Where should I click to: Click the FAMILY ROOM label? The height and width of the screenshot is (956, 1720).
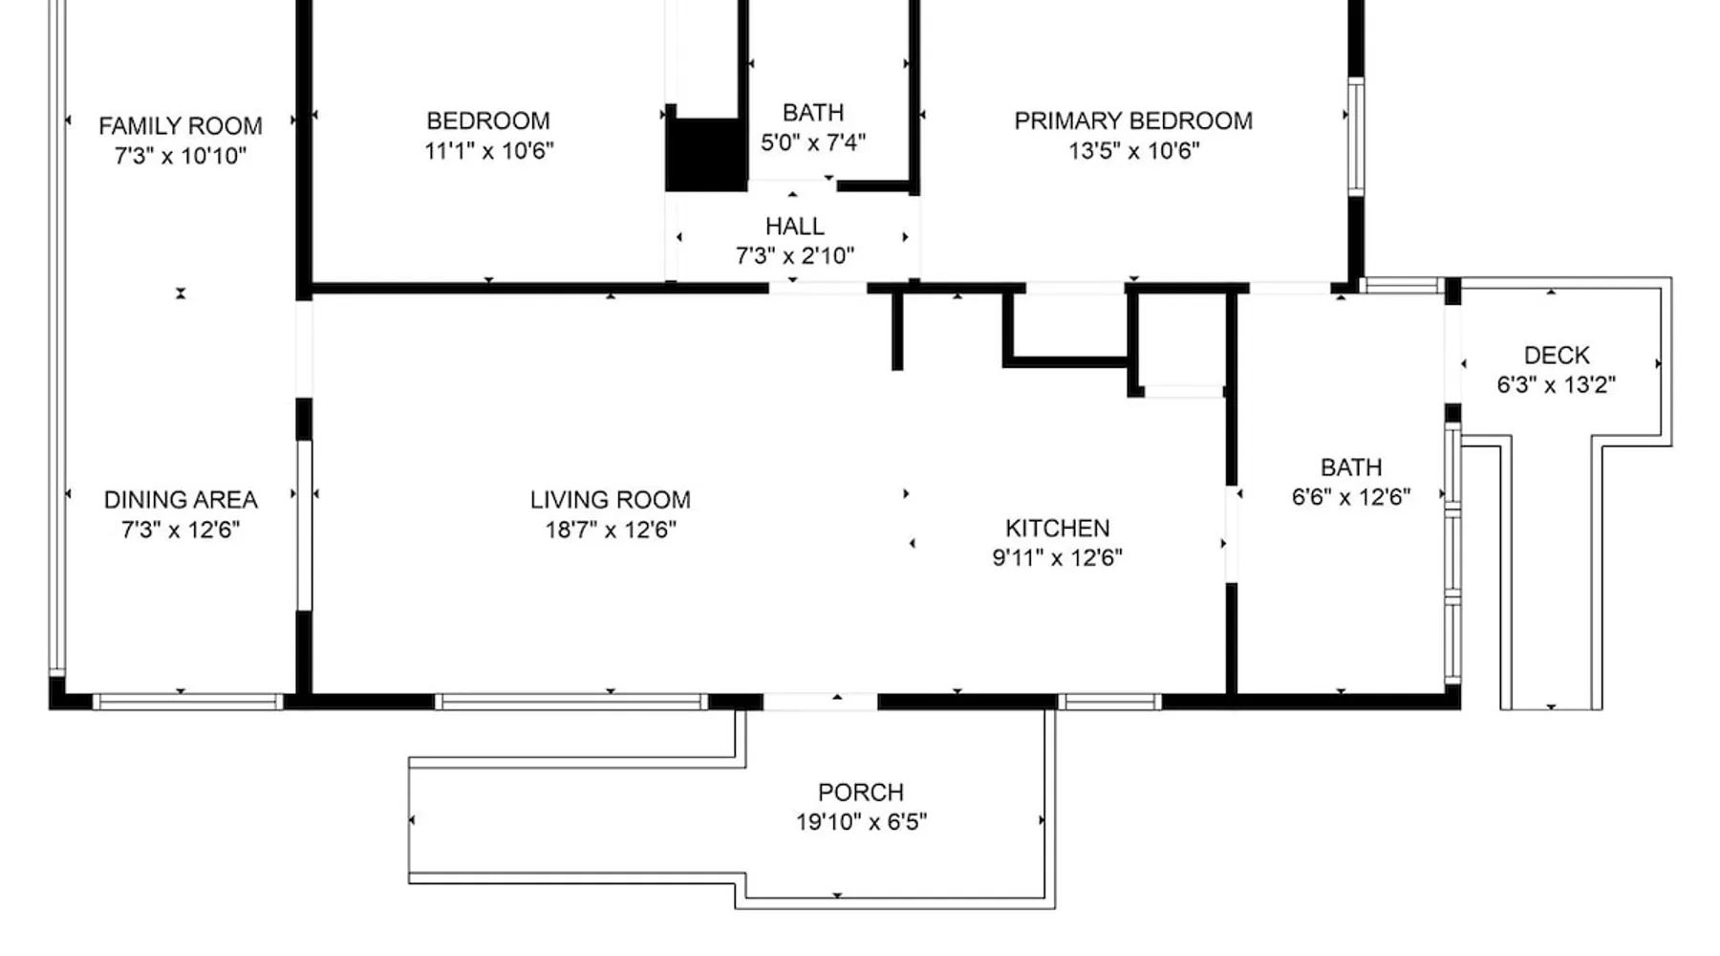click(x=181, y=126)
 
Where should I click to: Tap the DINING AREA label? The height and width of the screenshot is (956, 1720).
click(x=181, y=500)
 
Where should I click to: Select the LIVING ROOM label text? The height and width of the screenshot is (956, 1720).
click(x=611, y=500)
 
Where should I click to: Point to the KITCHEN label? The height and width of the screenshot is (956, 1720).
click(x=1058, y=529)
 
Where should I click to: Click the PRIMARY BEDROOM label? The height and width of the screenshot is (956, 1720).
click(x=1133, y=121)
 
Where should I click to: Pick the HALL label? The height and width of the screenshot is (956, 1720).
click(x=795, y=227)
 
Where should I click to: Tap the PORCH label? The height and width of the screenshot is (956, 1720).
click(x=861, y=793)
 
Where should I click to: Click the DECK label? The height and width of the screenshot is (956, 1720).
click(x=1557, y=356)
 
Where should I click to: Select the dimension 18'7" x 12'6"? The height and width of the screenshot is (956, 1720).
click(x=611, y=530)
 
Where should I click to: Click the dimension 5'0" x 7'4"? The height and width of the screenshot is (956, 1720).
click(x=813, y=142)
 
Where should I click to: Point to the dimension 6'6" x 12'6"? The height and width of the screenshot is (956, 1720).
click(x=1351, y=497)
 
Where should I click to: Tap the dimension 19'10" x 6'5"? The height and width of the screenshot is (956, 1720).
click(x=861, y=822)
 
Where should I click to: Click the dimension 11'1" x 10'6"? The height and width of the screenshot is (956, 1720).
click(x=489, y=151)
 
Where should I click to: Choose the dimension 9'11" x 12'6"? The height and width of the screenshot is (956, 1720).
click(x=1058, y=558)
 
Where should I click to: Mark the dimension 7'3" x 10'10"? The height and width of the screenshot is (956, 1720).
click(x=181, y=156)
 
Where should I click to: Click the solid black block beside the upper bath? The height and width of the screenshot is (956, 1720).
click(x=706, y=155)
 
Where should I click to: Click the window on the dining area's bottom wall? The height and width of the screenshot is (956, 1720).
click(x=188, y=702)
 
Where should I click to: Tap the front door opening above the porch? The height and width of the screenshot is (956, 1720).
click(x=820, y=702)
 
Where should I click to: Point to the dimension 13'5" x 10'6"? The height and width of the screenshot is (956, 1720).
click(x=1133, y=151)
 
